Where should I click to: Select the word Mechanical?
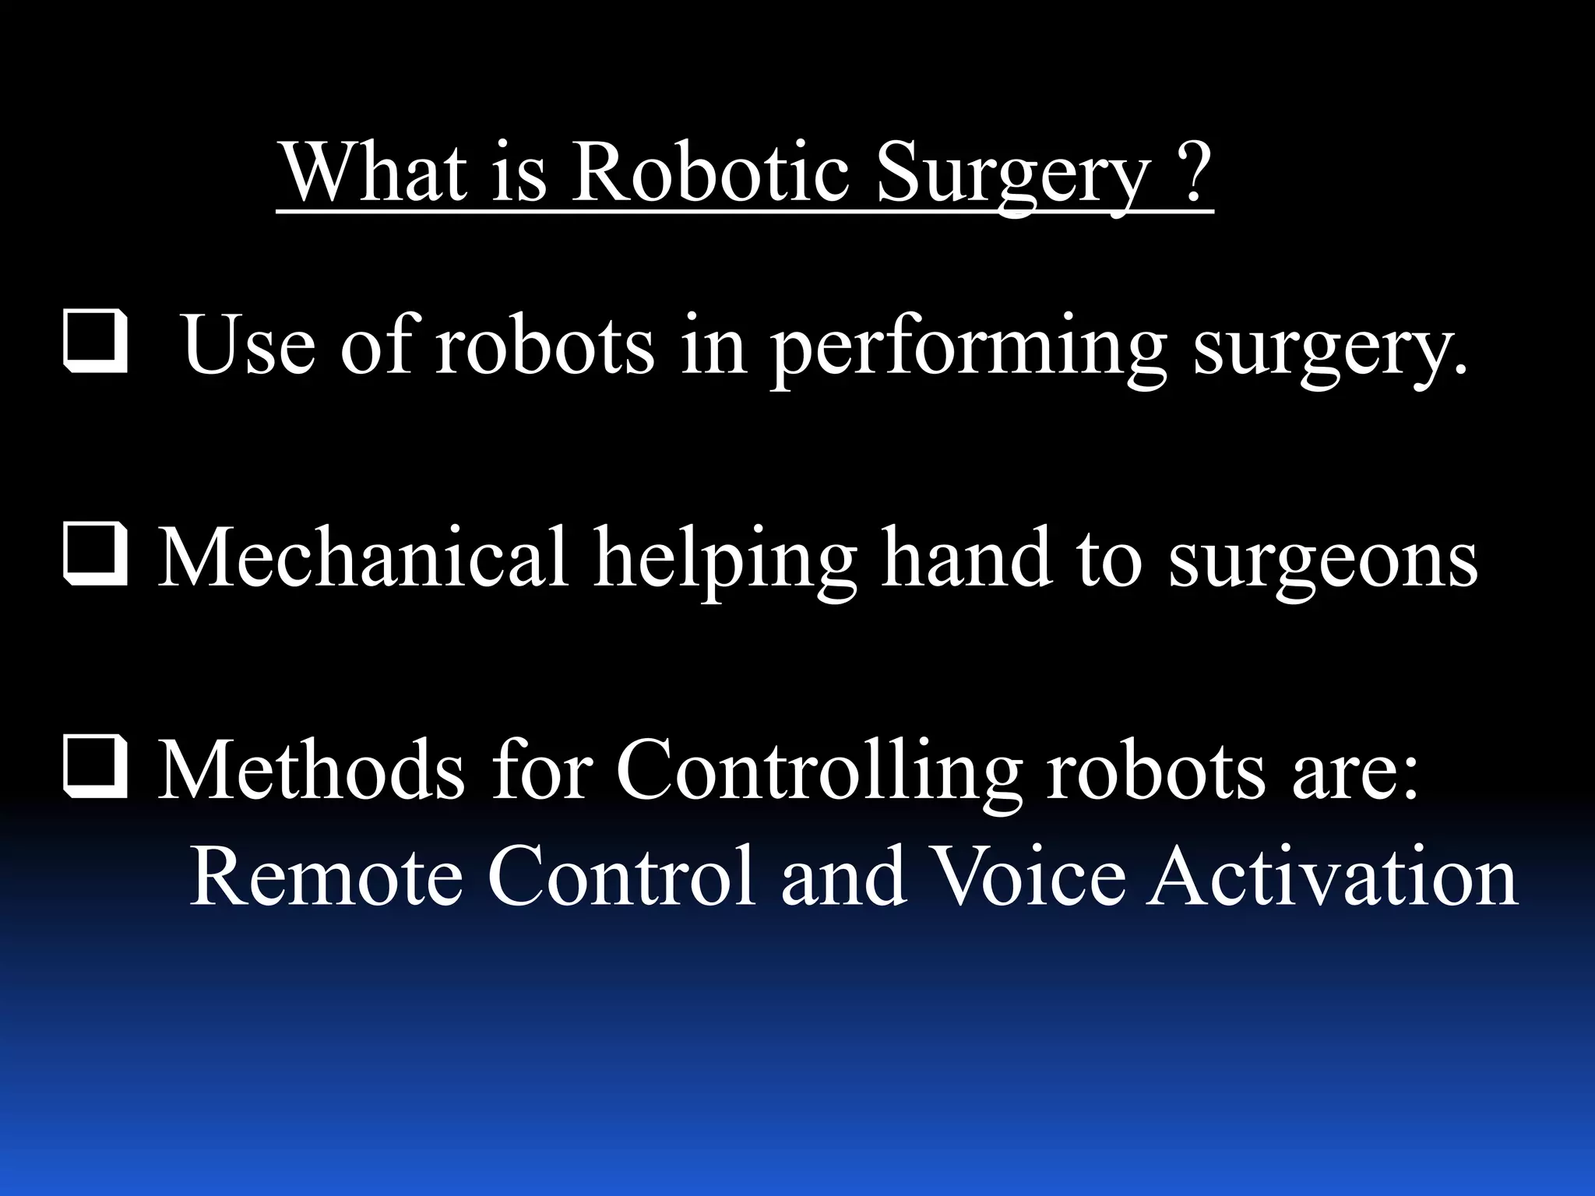click(363, 558)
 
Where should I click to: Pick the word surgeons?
click(1323, 561)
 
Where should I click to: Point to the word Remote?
click(326, 876)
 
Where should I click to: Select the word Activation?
click(1332, 876)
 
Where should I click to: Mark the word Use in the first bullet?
click(248, 346)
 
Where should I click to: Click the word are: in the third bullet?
click(1355, 771)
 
